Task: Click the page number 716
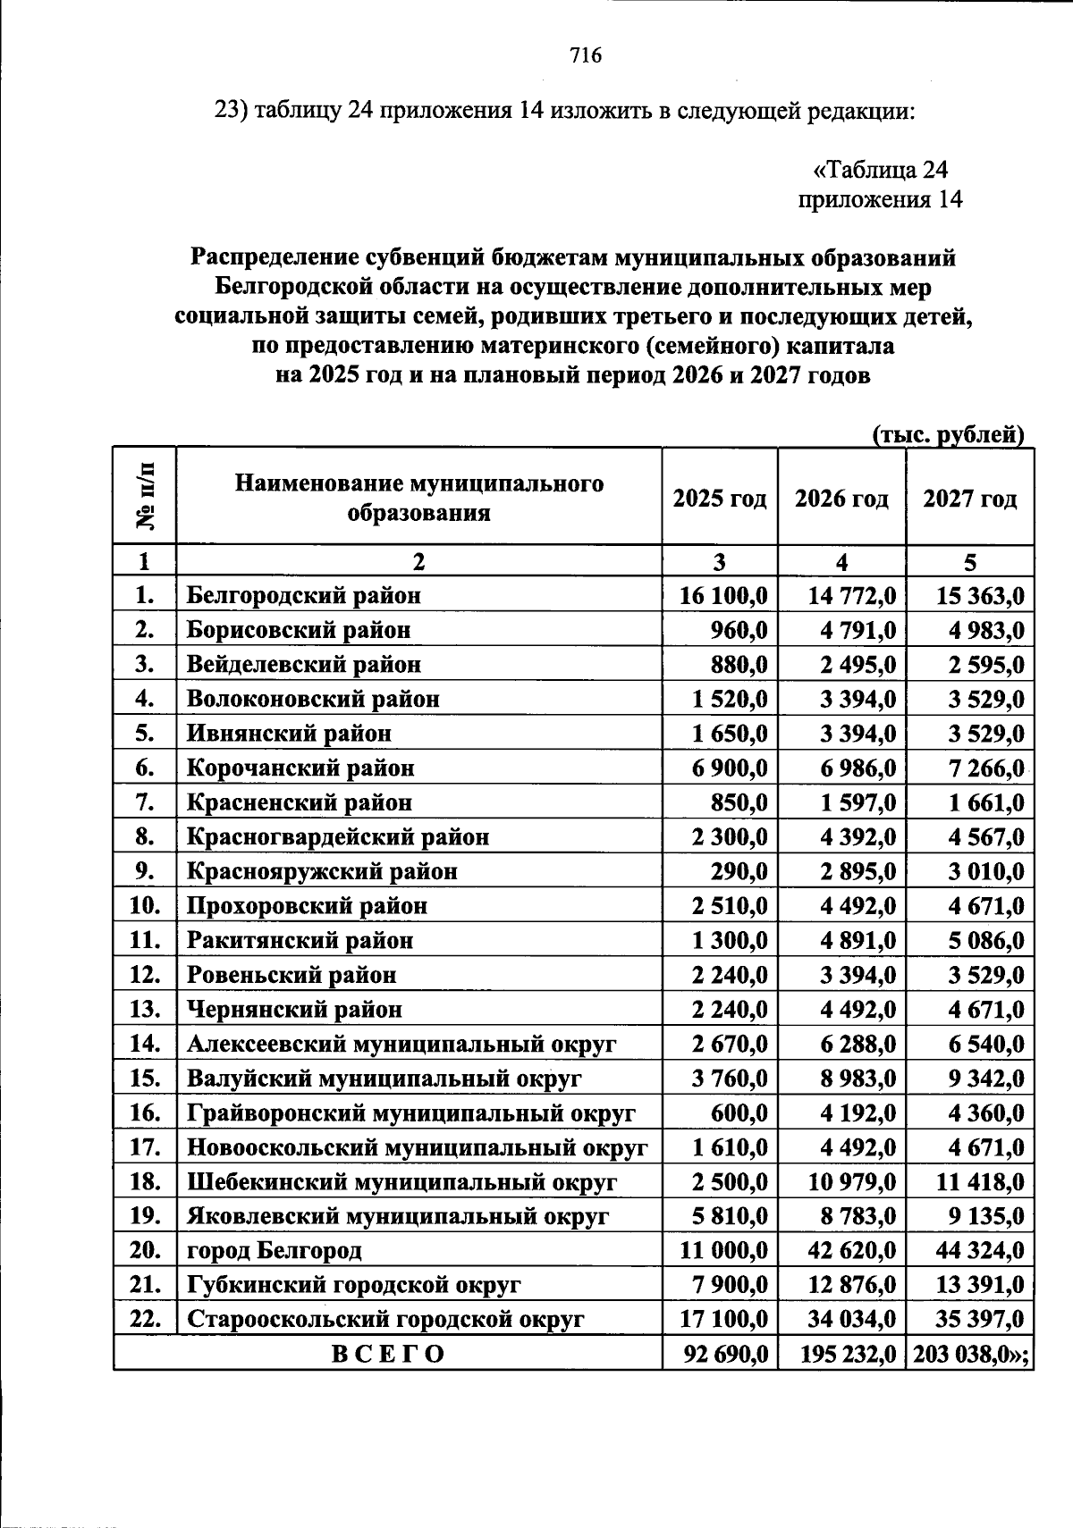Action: pyautogui.click(x=586, y=56)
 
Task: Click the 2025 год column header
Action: pyautogui.click(x=720, y=498)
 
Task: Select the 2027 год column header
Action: pyautogui.click(x=970, y=498)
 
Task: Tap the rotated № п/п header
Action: pyautogui.click(x=144, y=496)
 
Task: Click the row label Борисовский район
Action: pyautogui.click(x=299, y=630)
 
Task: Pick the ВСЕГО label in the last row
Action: pyautogui.click(x=387, y=1354)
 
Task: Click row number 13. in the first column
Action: pyautogui.click(x=144, y=1009)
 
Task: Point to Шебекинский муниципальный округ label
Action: pyautogui.click(x=401, y=1181)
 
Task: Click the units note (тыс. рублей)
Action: pyautogui.click(x=948, y=434)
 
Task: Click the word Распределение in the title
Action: pyautogui.click(x=275, y=258)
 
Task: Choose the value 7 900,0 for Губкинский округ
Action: pyautogui.click(x=731, y=1285)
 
